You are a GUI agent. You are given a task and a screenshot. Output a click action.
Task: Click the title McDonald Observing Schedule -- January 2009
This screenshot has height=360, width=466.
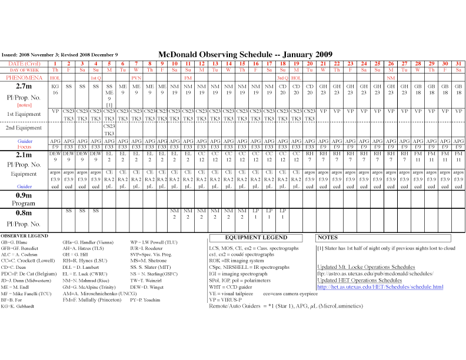coord(241,52)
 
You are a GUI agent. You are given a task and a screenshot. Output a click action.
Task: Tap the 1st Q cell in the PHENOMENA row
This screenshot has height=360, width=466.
coord(95,78)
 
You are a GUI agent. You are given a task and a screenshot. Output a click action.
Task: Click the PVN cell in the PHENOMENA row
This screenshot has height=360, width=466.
coord(136,78)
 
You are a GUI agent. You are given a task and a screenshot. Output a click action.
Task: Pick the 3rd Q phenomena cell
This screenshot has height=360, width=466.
coord(282,78)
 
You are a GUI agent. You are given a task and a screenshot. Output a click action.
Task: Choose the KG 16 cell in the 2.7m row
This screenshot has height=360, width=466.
coord(55,89)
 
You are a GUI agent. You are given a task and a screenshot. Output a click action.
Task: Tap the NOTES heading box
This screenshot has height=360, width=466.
coord(328,238)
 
